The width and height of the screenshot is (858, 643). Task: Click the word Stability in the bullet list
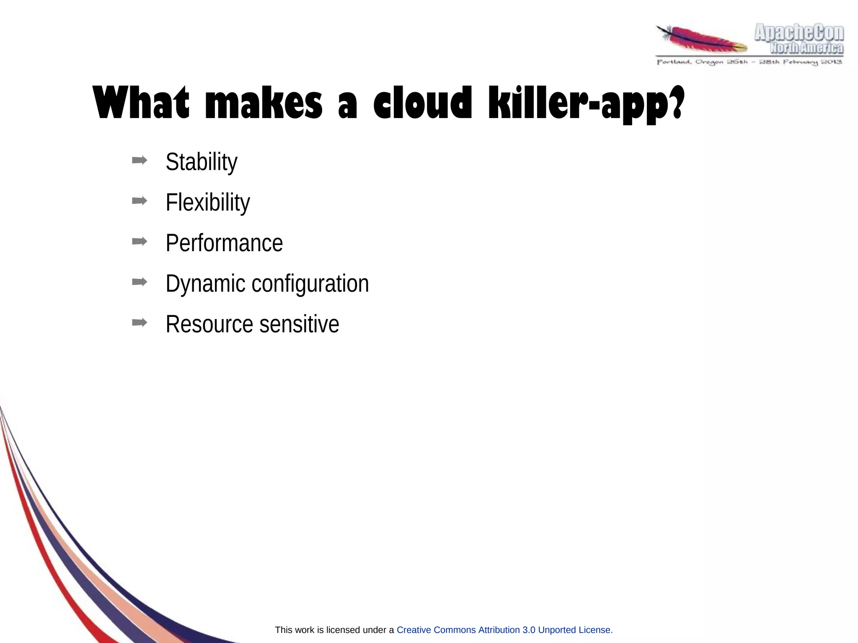pyautogui.click(x=201, y=162)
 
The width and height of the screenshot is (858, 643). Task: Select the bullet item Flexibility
pyautogui.click(x=207, y=203)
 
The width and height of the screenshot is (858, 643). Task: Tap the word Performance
pyautogui.click(x=224, y=243)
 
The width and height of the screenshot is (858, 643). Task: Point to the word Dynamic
pyautogui.click(x=205, y=284)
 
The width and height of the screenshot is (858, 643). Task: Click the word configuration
pyautogui.click(x=310, y=284)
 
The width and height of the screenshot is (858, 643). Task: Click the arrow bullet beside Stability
pyautogui.click(x=140, y=160)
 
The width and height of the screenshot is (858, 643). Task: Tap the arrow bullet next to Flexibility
pyautogui.click(x=140, y=201)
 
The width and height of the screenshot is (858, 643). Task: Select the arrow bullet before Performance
pyautogui.click(x=140, y=242)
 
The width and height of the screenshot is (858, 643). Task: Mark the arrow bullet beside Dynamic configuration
pyautogui.click(x=140, y=282)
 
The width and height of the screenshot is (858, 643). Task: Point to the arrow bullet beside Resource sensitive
pyautogui.click(x=140, y=322)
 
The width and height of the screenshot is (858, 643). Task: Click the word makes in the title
pyautogui.click(x=264, y=103)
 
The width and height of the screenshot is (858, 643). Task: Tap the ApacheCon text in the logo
pyautogui.click(x=799, y=33)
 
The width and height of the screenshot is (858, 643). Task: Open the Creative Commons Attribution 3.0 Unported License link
pyautogui.click(x=504, y=630)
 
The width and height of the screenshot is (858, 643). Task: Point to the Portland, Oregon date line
pyautogui.click(x=749, y=62)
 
